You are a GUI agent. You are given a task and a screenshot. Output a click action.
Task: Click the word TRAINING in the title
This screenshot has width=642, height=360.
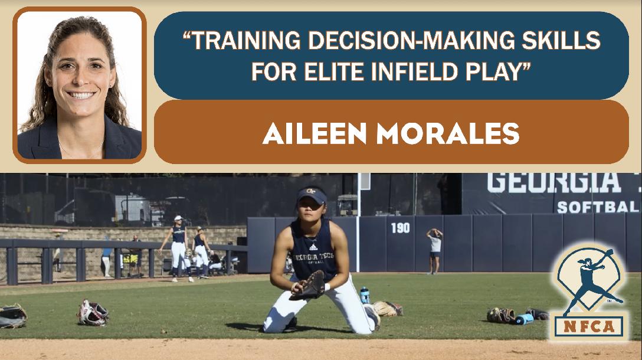click(247, 41)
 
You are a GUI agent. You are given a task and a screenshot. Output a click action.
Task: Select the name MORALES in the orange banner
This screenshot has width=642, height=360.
click(448, 133)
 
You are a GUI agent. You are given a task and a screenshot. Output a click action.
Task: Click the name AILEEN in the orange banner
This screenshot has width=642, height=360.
click(315, 133)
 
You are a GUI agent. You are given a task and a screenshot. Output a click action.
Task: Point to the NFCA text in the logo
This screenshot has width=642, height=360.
click(589, 326)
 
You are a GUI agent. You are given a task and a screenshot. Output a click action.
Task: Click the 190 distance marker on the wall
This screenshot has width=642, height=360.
click(400, 228)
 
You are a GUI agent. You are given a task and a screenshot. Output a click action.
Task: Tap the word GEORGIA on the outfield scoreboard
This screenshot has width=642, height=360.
click(554, 183)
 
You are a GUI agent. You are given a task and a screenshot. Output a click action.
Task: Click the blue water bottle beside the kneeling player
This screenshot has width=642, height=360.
click(365, 295)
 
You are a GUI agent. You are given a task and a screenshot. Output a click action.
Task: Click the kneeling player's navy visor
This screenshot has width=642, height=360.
click(312, 195)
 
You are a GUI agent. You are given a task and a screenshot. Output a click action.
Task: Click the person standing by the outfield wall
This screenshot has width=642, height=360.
click(434, 251)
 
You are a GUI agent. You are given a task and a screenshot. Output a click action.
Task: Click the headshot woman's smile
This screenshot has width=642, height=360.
click(81, 95)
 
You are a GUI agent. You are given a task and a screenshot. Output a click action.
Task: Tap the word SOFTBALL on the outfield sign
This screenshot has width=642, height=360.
click(598, 207)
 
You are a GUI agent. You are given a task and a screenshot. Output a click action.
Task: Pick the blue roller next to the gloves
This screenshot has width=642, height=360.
click(523, 319)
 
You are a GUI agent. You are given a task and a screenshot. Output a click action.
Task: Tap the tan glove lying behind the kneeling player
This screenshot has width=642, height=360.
click(387, 309)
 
